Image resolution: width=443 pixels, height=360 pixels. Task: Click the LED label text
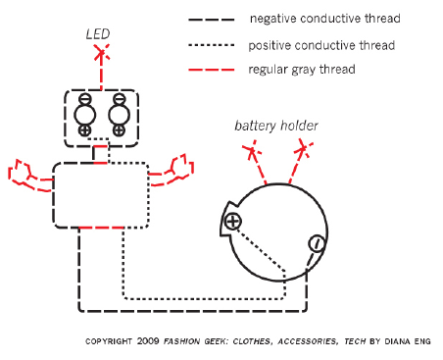pyautogui.click(x=98, y=34)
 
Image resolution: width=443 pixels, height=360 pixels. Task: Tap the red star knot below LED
pyautogui.click(x=102, y=52)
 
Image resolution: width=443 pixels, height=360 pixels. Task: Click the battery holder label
pyautogui.click(x=276, y=126)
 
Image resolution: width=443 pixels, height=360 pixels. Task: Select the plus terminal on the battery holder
pyautogui.click(x=232, y=222)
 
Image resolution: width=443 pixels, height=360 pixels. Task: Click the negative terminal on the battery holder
pyautogui.click(x=317, y=243)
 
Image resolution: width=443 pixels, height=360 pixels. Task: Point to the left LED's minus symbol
pyautogui.click(x=85, y=98)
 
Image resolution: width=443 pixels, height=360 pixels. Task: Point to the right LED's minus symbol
pyautogui.click(x=119, y=98)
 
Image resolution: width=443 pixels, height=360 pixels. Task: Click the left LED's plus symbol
pyautogui.click(x=85, y=130)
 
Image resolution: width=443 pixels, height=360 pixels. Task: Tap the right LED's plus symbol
pyautogui.click(x=119, y=130)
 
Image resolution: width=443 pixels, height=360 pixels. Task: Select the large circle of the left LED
pyautogui.click(x=85, y=115)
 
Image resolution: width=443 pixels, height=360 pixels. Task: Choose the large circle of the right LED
pyautogui.click(x=119, y=115)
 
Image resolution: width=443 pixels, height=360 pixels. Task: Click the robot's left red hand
pyautogui.click(x=29, y=176)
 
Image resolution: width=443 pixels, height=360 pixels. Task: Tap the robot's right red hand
pyautogui.click(x=172, y=170)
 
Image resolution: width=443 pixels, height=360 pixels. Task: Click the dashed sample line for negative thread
pyautogui.click(x=212, y=20)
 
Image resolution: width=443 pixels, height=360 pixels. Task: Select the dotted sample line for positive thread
pyautogui.click(x=212, y=45)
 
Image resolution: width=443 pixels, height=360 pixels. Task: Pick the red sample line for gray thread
pyautogui.click(x=212, y=70)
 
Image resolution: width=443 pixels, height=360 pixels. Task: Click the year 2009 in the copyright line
pyautogui.click(x=148, y=341)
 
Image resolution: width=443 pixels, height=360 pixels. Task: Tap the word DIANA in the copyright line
pyautogui.click(x=397, y=341)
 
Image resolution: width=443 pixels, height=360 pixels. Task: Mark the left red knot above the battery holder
pyautogui.click(x=252, y=151)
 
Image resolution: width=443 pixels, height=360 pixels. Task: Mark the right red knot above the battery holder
pyautogui.click(x=304, y=149)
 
